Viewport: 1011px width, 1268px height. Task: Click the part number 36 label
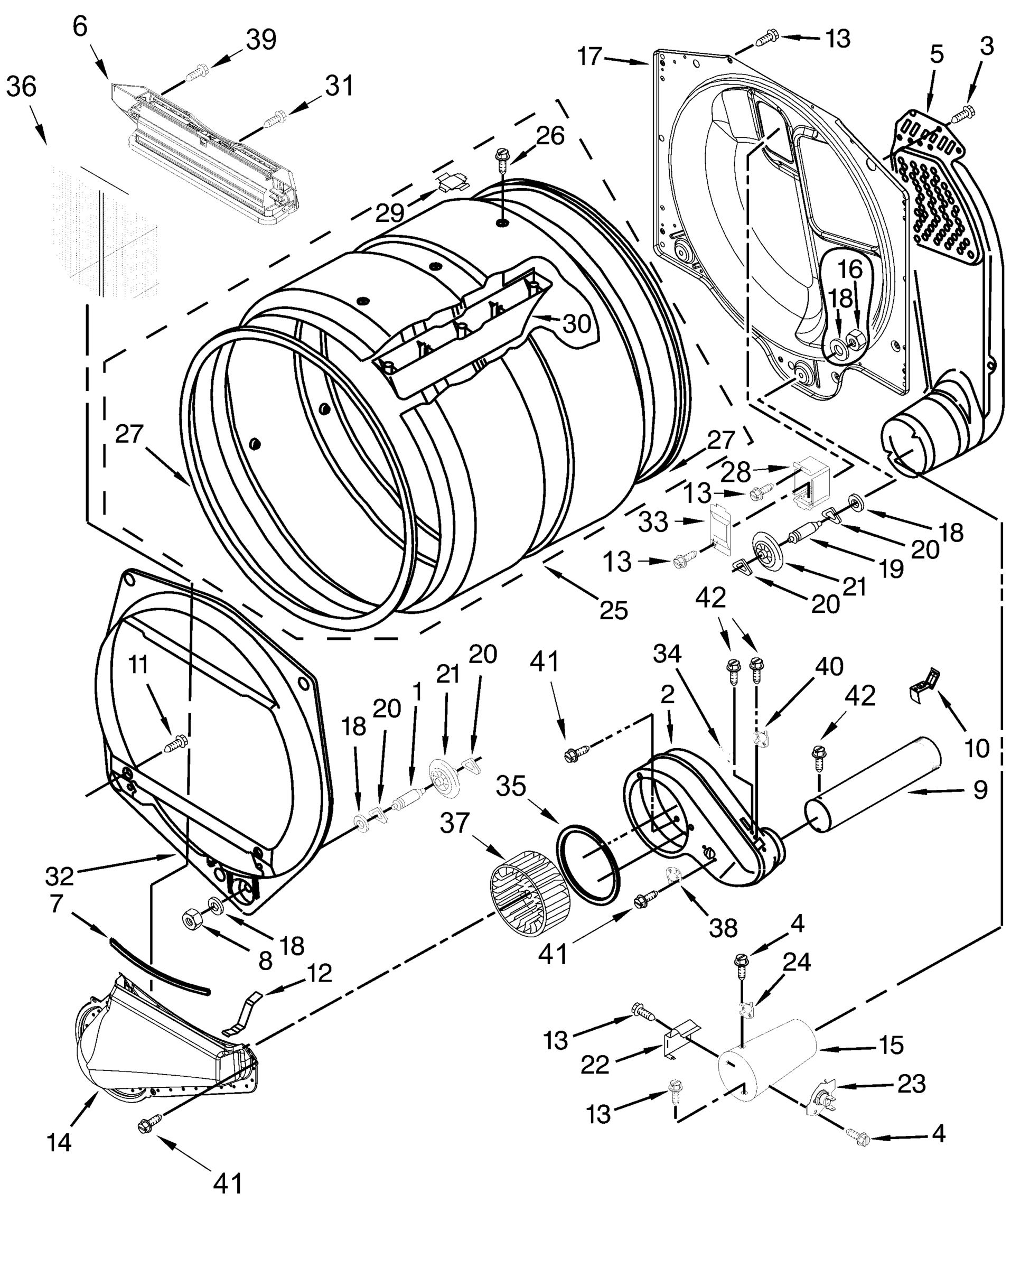coord(22,87)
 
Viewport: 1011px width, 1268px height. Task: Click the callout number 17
coord(589,57)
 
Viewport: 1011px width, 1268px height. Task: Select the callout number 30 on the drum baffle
coord(576,322)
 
